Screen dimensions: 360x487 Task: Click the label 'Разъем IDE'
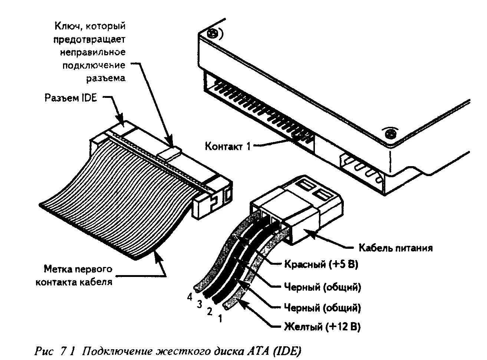pyautogui.click(x=70, y=98)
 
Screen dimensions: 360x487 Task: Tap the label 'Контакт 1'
pyautogui.click(x=228, y=146)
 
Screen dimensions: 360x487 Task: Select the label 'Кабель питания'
pyautogui.click(x=395, y=248)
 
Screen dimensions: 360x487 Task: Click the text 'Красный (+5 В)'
pyautogui.click(x=321, y=264)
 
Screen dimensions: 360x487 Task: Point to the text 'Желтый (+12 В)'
pyautogui.click(x=322, y=327)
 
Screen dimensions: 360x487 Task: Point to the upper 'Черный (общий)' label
pyautogui.click(x=322, y=287)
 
